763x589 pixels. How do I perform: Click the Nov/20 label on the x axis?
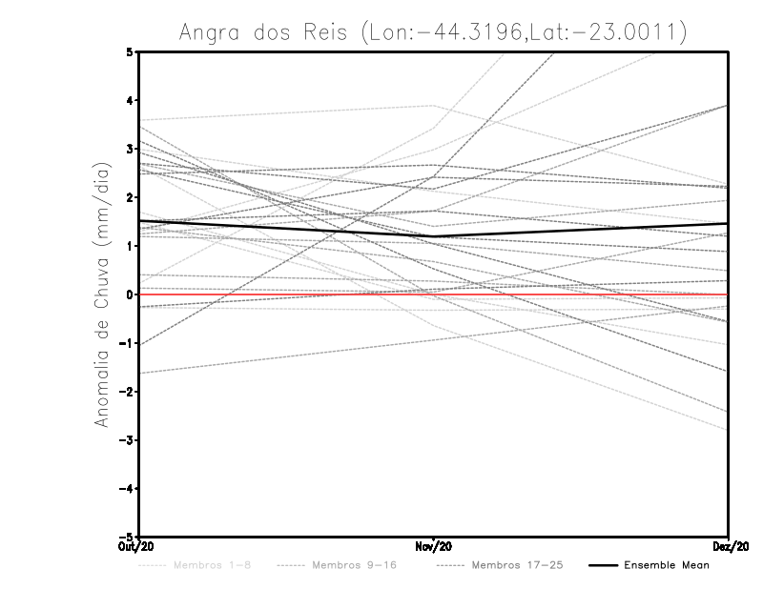pos(434,546)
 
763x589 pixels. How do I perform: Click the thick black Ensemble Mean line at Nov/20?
pos(434,236)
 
